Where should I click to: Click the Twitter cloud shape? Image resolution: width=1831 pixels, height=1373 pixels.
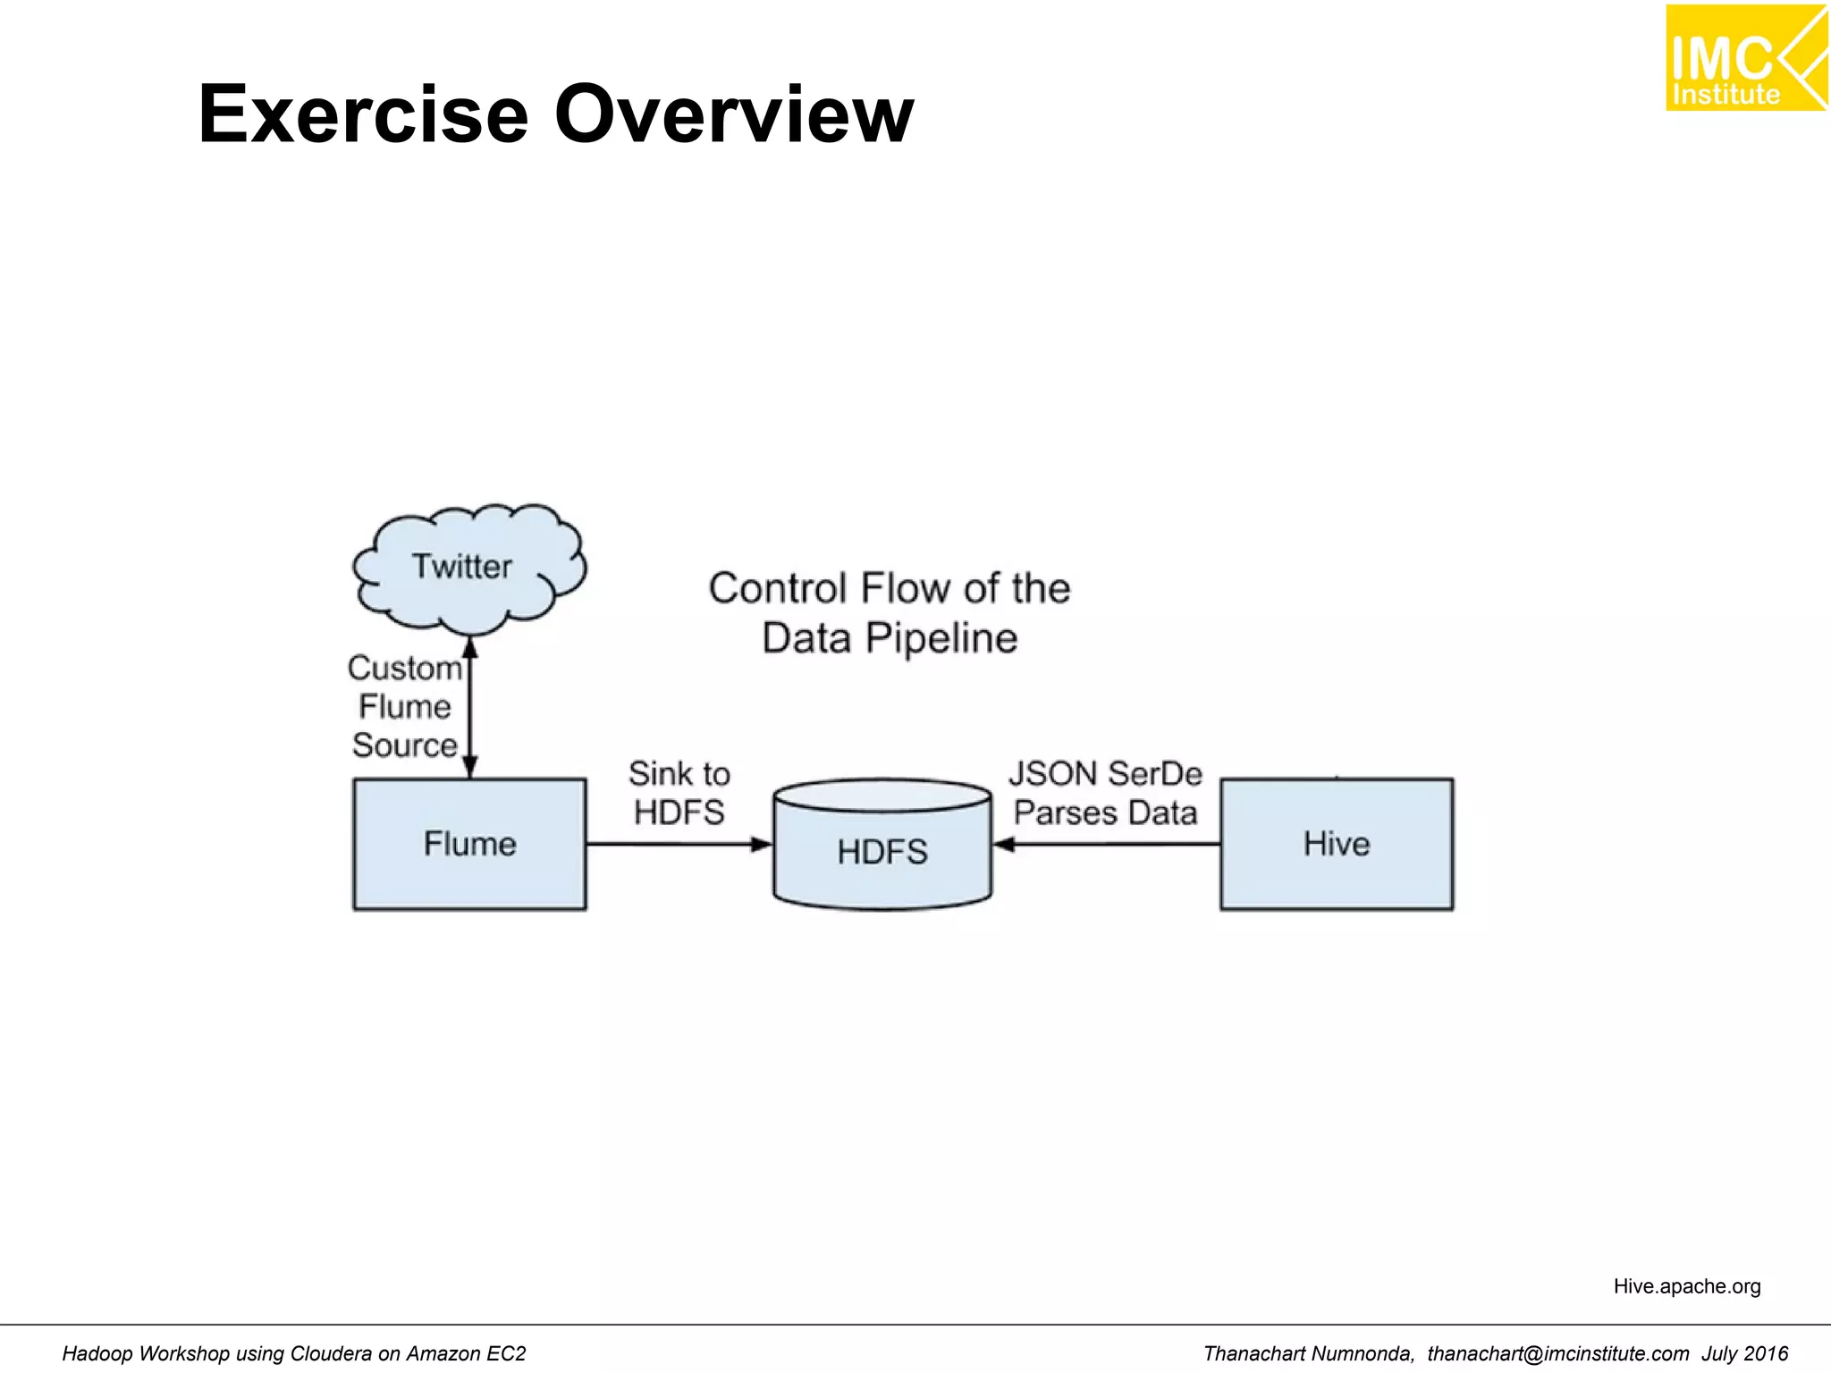pos(468,566)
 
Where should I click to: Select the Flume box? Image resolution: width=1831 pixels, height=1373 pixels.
pos(469,844)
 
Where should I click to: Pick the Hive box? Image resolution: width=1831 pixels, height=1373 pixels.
pos(1337,844)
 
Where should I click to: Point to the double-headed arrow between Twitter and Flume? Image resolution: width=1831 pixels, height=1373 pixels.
pos(470,706)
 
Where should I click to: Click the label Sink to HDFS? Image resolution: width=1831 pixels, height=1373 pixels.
pos(679,793)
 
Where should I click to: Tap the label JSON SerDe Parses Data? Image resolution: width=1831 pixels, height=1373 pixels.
pos(1105,793)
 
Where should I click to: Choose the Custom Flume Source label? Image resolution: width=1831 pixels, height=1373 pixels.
pos(405,706)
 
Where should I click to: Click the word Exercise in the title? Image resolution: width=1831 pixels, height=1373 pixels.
pos(363,114)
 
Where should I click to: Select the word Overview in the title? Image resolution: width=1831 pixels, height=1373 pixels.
pos(734,114)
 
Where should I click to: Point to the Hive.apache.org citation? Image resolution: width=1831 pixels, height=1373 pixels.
pos(1686,1286)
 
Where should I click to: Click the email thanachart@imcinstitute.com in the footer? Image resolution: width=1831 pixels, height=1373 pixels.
pos(1557,1353)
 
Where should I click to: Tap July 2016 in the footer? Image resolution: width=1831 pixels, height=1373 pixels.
pos(1744,1353)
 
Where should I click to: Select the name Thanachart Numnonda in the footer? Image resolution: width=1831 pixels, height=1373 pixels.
pos(1308,1353)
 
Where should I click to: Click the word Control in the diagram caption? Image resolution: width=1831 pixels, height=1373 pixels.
pos(777,588)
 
